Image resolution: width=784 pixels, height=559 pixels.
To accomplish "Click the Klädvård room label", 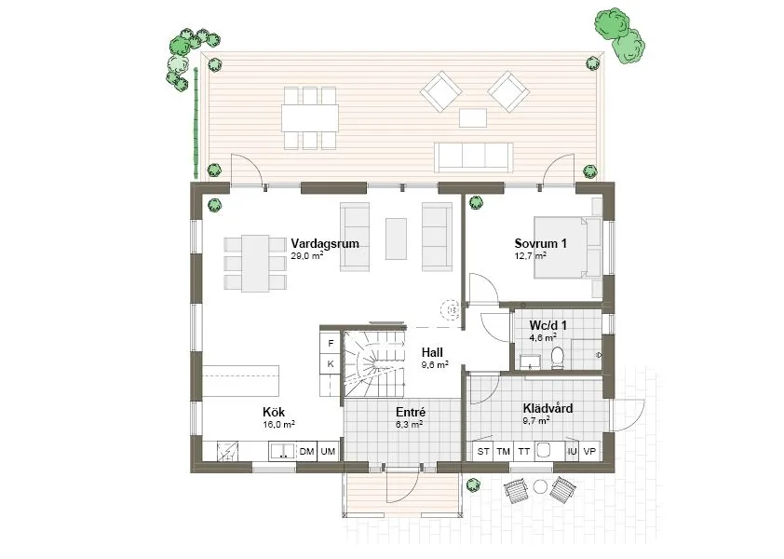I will tap(547, 408).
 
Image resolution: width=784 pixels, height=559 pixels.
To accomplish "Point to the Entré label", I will tap(410, 411).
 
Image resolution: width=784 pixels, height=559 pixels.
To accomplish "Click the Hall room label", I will tap(431, 353).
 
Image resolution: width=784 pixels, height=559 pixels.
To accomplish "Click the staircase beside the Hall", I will tap(375, 363).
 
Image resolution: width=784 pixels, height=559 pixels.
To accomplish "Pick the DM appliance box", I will tap(306, 452).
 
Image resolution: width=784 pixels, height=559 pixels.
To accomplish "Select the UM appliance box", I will tap(328, 452).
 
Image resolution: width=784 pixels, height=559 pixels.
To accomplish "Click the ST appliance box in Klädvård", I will tap(483, 452).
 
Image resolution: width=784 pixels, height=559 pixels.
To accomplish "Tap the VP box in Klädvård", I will tap(589, 452).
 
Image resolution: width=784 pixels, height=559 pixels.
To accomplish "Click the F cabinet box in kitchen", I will tap(330, 343).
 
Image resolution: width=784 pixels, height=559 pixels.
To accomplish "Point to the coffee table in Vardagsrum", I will tap(396, 239).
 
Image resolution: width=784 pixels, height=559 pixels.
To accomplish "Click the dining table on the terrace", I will tap(311, 117).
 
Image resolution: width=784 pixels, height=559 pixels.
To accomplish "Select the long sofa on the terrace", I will tap(473, 156).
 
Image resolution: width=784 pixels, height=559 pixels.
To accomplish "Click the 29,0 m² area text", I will tap(306, 254).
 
